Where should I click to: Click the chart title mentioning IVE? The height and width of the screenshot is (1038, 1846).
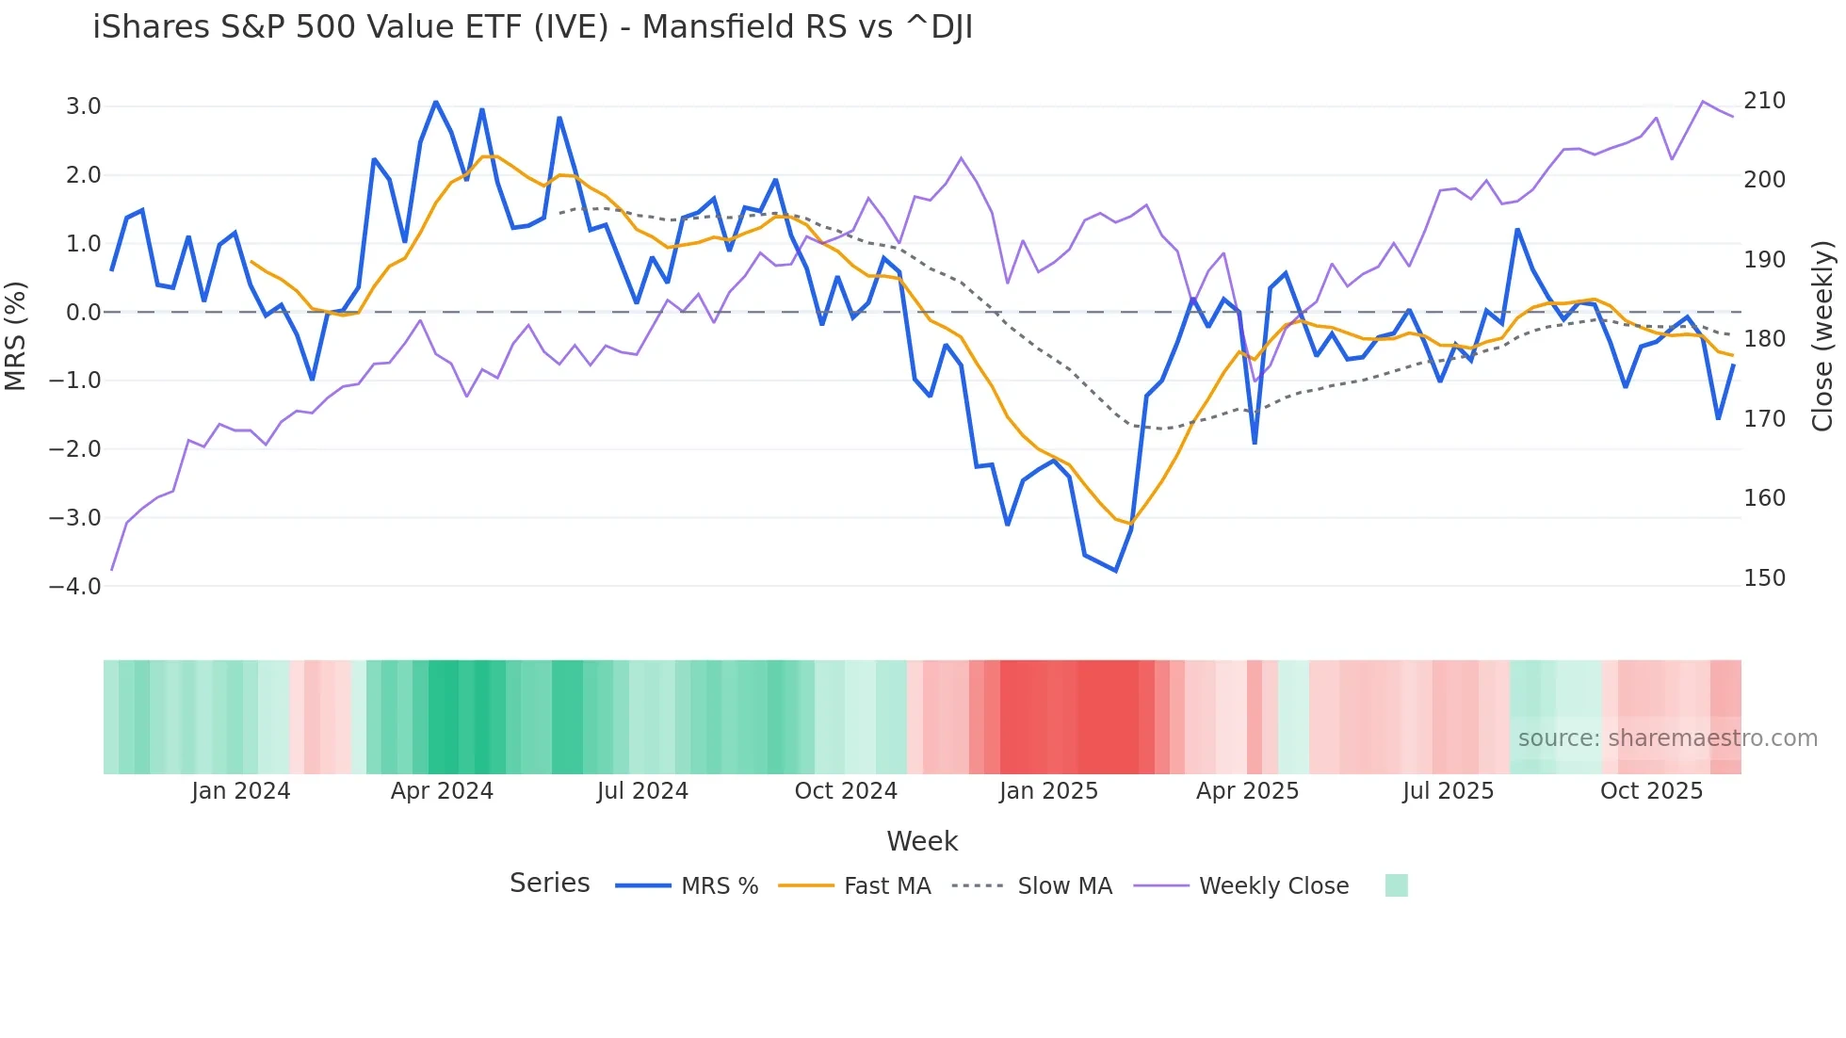coord(532,27)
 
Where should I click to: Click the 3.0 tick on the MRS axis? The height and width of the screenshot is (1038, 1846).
coord(83,106)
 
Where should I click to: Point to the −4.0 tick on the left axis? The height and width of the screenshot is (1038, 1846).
coord(75,586)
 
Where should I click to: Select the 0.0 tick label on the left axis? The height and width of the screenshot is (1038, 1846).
coord(83,312)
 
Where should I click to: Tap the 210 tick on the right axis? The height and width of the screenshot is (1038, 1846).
coord(1764,101)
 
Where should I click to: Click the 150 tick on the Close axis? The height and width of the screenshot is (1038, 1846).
coord(1764,577)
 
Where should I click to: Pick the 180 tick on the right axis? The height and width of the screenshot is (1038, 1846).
coord(1764,338)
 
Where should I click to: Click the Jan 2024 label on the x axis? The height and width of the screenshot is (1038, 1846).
coord(240,791)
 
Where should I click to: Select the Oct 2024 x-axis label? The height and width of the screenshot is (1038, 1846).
coord(846,791)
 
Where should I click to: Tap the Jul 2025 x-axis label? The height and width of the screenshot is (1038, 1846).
coord(1448,791)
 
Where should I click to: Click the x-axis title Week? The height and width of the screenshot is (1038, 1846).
coord(922,841)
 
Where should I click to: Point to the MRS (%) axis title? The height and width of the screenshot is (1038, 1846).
coord(15,336)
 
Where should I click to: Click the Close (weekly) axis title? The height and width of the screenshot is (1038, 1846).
coord(1822,336)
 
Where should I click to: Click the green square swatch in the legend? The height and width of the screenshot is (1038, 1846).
coord(1397,885)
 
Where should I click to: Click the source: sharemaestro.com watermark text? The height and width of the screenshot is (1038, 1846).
coord(1667,738)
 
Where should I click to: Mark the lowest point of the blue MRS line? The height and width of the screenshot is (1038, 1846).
coord(1116,571)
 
